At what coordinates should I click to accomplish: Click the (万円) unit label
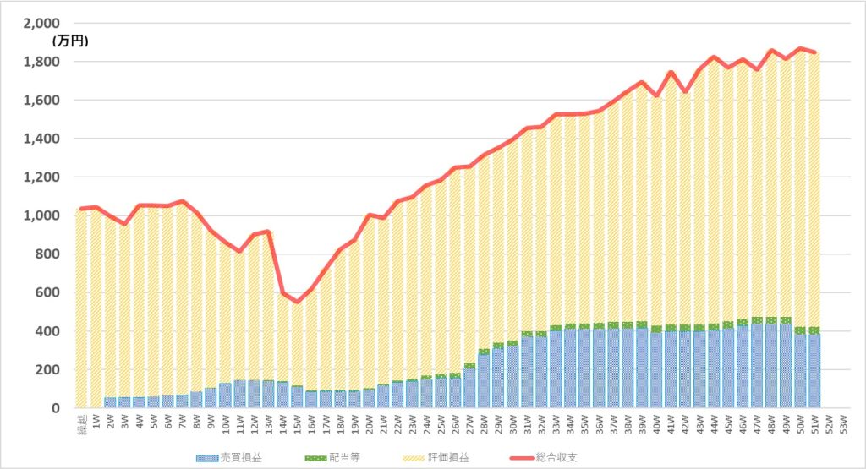(70, 41)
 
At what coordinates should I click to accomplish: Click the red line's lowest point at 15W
(297, 302)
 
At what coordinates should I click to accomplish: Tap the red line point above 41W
(670, 73)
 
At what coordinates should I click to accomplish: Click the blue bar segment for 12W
(254, 394)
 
